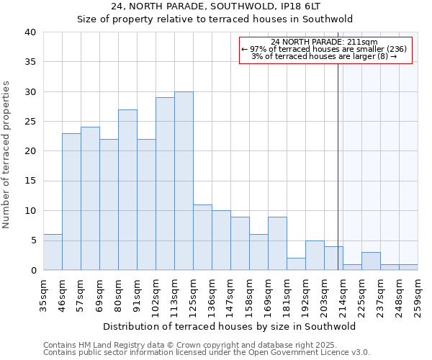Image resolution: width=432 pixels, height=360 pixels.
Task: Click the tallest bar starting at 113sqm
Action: click(x=184, y=181)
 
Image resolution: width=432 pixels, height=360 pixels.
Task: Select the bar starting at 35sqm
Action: click(x=53, y=252)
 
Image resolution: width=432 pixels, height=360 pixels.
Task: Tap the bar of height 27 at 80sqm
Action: click(x=127, y=189)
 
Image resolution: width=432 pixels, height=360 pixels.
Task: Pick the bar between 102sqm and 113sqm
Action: click(x=165, y=184)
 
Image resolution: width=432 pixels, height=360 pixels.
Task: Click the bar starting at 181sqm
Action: click(x=296, y=264)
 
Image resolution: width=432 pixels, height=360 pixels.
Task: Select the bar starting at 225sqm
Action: click(x=371, y=261)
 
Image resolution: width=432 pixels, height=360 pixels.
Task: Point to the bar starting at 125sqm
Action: click(x=202, y=237)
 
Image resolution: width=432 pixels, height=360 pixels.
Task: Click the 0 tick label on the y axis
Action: click(x=32, y=271)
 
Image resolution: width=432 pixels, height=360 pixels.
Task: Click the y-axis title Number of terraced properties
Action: click(x=7, y=155)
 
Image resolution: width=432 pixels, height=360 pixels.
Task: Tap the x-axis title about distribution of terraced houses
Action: click(x=229, y=326)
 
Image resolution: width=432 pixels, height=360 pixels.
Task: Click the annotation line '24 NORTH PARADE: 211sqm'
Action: click(x=325, y=42)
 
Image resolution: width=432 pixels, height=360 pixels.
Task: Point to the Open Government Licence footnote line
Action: click(x=207, y=353)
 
